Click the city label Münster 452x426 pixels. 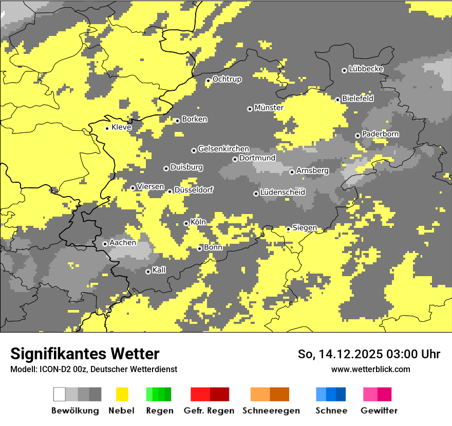(x=269, y=108)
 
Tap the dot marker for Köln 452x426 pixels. (x=186, y=223)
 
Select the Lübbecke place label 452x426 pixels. (x=366, y=69)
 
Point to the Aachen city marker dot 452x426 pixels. (x=105, y=244)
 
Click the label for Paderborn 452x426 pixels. (x=380, y=134)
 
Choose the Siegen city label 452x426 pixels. (x=305, y=228)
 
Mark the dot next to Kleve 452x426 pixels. (x=107, y=128)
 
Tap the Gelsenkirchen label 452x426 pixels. (x=223, y=149)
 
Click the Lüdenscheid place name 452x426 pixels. (x=282, y=192)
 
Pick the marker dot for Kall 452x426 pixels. (x=148, y=272)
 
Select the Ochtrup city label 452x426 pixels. (x=227, y=79)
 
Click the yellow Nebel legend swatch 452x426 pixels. (x=122, y=394)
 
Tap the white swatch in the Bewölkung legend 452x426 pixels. (x=60, y=394)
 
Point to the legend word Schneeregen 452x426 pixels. (x=271, y=411)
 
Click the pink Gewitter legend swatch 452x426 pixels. (x=370, y=394)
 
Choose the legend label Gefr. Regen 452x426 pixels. (x=209, y=411)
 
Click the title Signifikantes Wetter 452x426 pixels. (x=85, y=354)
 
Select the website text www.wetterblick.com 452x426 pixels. (x=370, y=369)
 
